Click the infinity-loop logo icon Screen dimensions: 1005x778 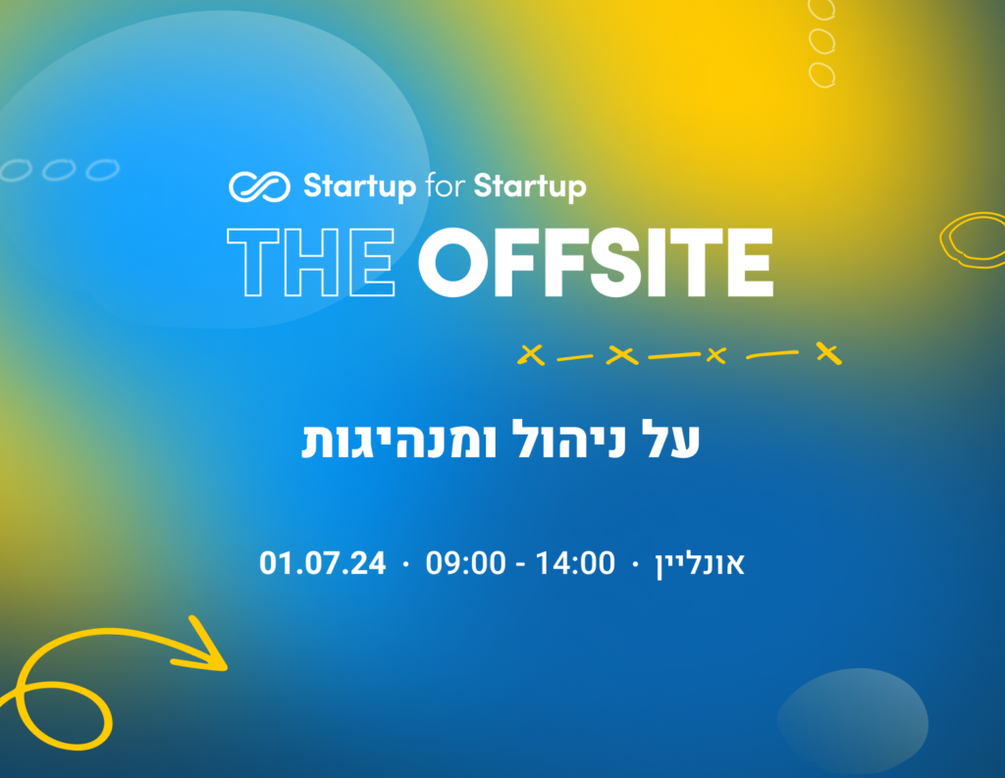click(x=259, y=186)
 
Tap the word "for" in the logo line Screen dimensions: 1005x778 click(x=445, y=185)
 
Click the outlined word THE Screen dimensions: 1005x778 click(x=311, y=262)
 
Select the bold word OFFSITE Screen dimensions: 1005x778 click(x=596, y=262)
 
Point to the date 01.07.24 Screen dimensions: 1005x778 click(x=322, y=563)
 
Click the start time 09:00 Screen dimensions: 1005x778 click(x=466, y=563)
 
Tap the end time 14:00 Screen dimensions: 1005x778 click(x=575, y=563)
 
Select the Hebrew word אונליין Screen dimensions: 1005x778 click(x=699, y=564)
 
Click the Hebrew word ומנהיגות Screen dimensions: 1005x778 click(x=399, y=441)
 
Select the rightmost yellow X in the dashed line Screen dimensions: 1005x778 click(x=828, y=352)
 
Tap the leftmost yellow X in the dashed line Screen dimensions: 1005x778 click(x=531, y=354)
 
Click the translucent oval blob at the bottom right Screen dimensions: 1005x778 click(x=853, y=721)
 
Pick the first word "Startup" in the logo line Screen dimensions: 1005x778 click(x=359, y=186)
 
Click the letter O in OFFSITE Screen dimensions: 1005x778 click(x=454, y=262)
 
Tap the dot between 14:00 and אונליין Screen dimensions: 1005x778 click(x=635, y=564)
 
